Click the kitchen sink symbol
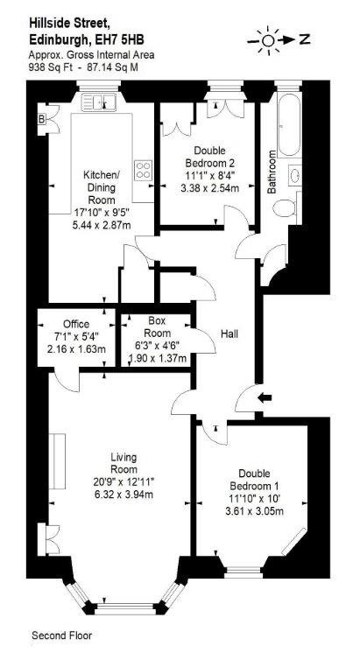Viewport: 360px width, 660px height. [98, 102]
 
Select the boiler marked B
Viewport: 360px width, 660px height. [42, 120]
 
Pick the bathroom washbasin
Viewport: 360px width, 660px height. [294, 174]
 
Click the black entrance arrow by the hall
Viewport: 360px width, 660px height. [265, 397]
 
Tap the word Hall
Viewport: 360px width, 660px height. [229, 334]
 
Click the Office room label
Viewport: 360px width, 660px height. [76, 324]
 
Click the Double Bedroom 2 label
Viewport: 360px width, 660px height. [209, 156]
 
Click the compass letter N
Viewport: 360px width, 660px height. [305, 40]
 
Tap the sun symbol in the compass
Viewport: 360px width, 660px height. [268, 40]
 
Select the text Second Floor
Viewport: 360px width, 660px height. [61, 635]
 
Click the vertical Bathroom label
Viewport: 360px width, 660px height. [272, 172]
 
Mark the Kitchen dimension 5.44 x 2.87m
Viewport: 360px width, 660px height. [102, 225]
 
